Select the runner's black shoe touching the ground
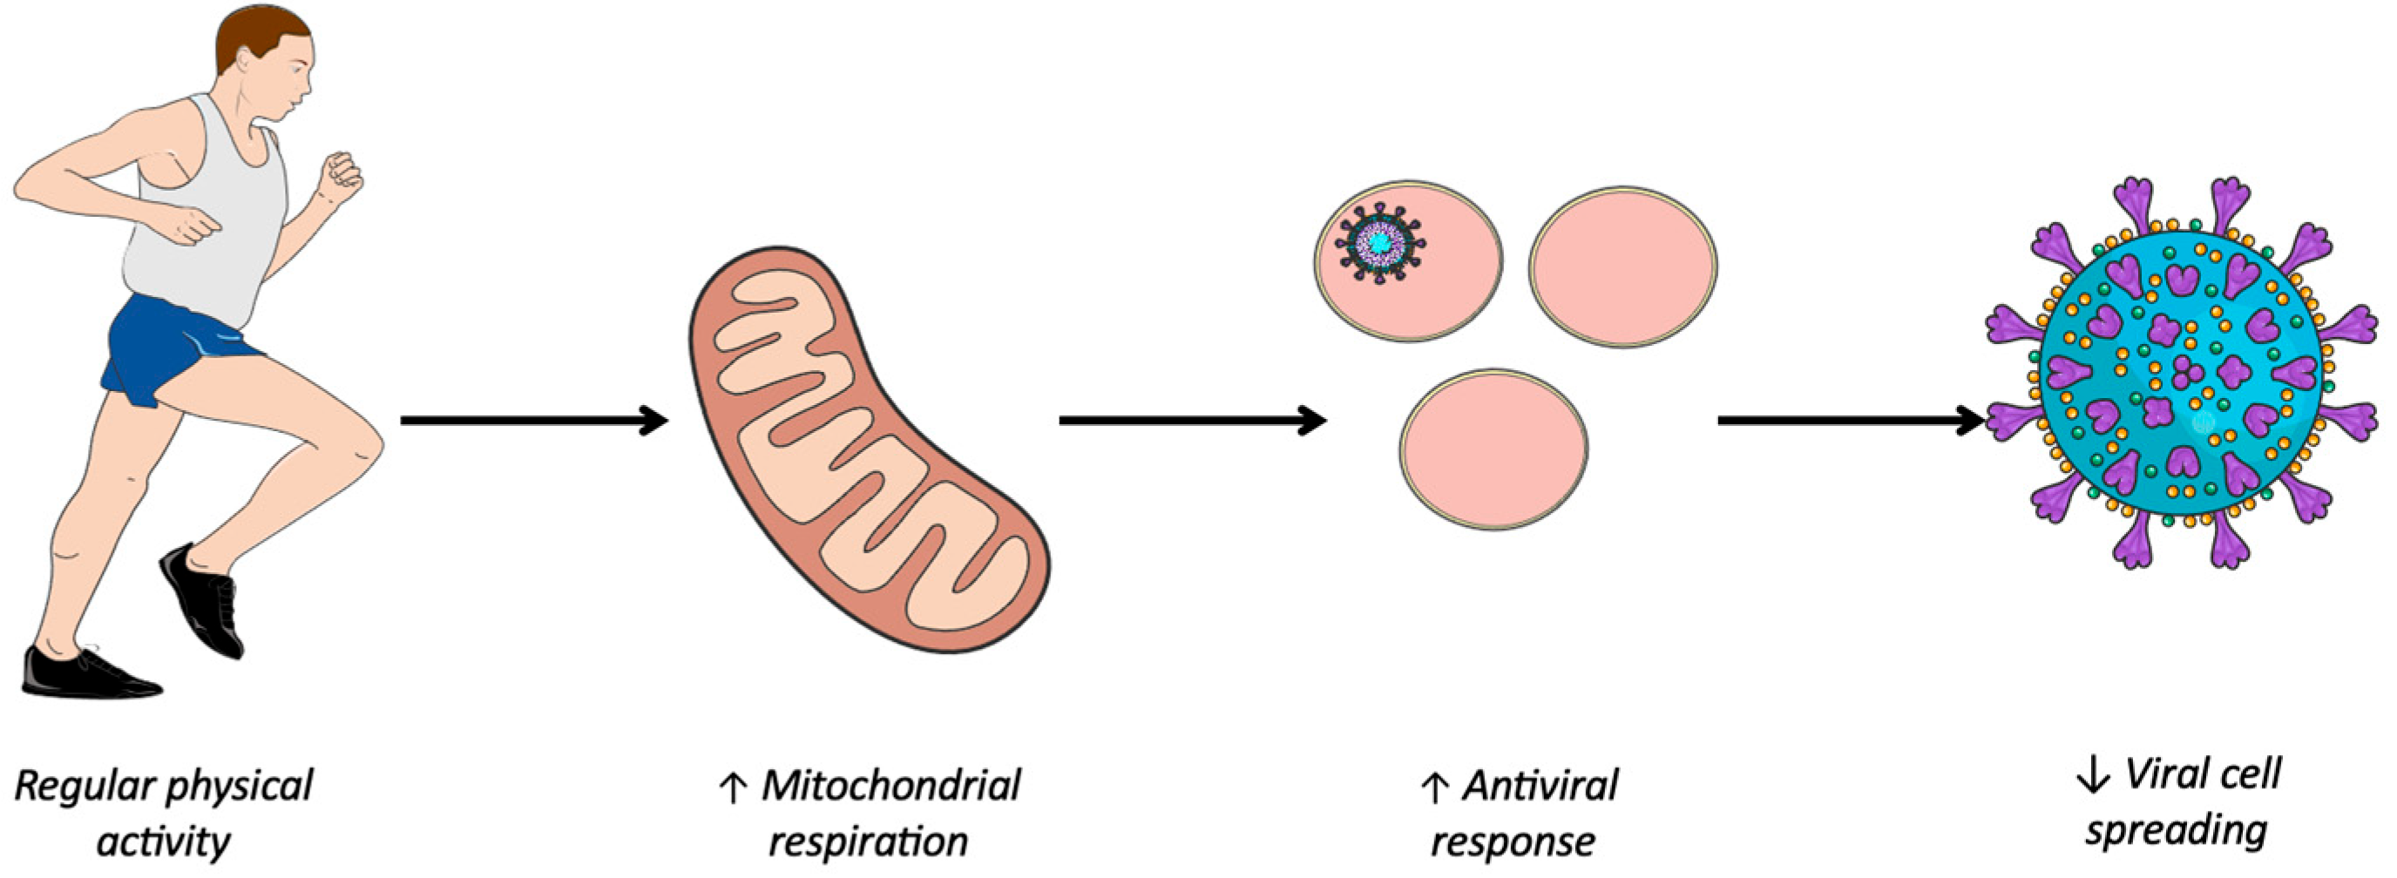tap(84, 674)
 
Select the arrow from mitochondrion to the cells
tap(1191, 422)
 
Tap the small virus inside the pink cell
tap(1380, 243)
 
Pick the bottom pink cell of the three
tap(1493, 449)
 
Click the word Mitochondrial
tap(890, 786)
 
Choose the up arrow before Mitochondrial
tap(732, 787)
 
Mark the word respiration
tap(867, 841)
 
